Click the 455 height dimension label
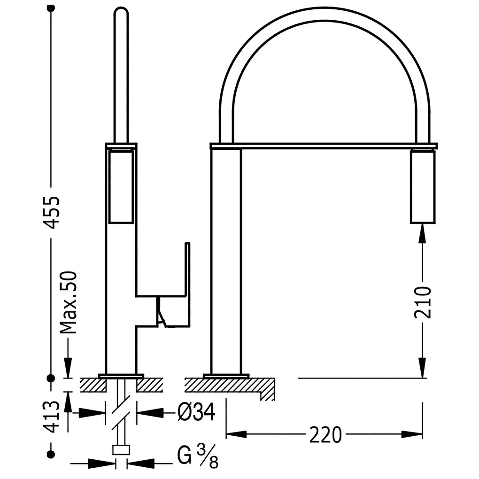[51, 212]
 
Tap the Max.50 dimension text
[68, 302]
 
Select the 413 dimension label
[51, 417]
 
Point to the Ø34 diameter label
[197, 412]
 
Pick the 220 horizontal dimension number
[325, 435]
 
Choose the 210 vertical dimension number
[423, 302]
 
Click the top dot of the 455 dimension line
[51, 8]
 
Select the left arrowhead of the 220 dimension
[236, 434]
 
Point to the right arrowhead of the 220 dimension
[412, 434]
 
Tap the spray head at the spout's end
[423, 186]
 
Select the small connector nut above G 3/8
[121, 450]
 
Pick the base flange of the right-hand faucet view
[226, 376]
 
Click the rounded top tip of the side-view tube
[121, 10]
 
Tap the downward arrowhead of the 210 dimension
[423, 368]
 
